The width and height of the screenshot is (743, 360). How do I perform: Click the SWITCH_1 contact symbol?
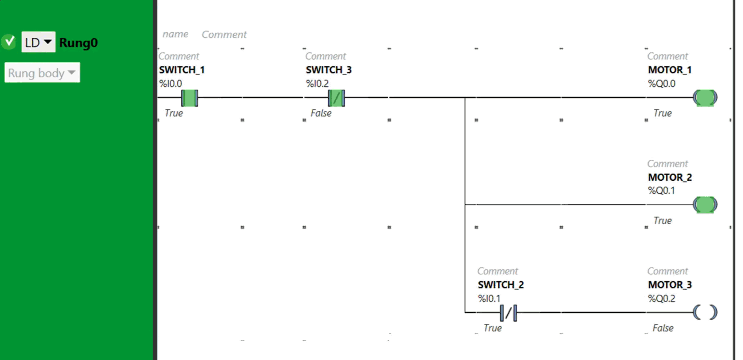point(189,98)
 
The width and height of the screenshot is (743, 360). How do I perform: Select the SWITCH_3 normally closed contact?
point(336,98)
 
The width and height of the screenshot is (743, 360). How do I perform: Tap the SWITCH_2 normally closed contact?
point(508,312)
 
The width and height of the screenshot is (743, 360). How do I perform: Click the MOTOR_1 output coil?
point(705,98)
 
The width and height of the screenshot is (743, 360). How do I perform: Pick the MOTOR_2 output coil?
point(705,205)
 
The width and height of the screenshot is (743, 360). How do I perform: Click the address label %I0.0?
point(171,83)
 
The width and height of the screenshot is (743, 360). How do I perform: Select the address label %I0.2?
point(317,83)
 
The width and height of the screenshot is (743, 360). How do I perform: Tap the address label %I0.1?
point(489,298)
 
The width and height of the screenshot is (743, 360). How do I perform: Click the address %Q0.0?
point(662,83)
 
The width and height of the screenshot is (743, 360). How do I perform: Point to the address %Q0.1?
point(661,191)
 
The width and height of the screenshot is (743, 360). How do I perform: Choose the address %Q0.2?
point(662,298)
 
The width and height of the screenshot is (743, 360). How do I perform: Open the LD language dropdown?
point(38,42)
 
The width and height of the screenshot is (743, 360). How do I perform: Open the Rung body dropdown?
point(42,73)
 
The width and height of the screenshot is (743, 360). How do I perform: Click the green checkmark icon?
point(9,42)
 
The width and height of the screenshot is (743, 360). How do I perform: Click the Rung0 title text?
point(78,43)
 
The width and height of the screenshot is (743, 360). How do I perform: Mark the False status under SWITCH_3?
point(321,113)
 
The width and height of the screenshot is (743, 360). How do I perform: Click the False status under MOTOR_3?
point(663,328)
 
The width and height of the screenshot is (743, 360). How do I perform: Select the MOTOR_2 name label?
point(670,177)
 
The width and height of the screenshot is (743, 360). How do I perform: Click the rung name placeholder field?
point(175,34)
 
